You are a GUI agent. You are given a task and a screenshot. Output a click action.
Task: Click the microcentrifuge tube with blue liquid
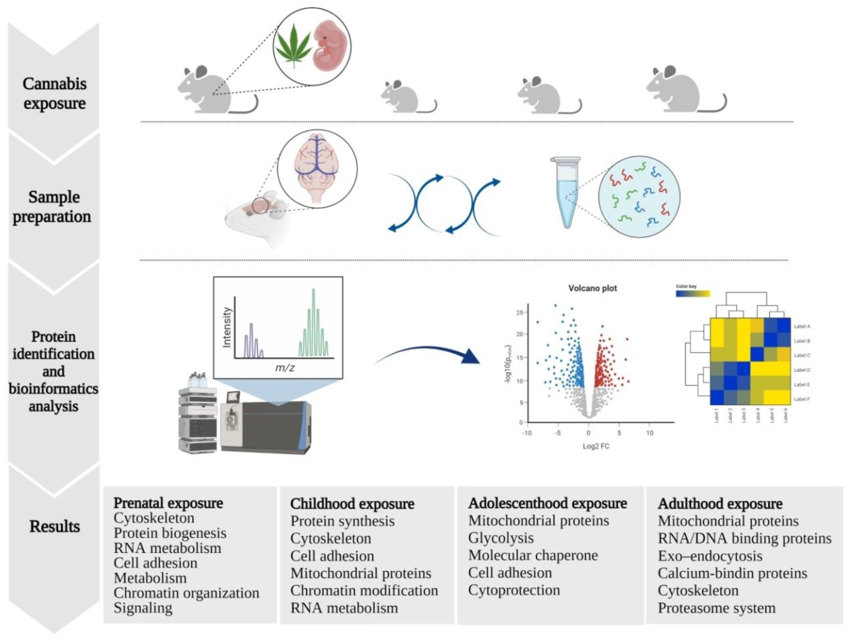point(567,192)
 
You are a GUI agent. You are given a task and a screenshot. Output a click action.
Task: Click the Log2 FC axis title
point(596,446)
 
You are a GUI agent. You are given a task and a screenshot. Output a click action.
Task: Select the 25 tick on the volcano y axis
point(519,313)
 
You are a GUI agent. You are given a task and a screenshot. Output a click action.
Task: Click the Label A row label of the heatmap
point(801,326)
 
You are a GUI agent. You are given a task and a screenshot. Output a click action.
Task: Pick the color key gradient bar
point(693,294)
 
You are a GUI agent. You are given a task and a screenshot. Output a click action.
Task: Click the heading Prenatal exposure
point(168,503)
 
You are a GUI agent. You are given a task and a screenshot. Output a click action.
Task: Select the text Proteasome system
point(717,608)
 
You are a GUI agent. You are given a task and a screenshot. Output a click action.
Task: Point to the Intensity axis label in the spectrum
point(227,327)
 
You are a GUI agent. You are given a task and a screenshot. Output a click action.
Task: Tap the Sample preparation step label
point(53,207)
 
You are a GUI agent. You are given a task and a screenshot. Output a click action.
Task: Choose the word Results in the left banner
point(55,526)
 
